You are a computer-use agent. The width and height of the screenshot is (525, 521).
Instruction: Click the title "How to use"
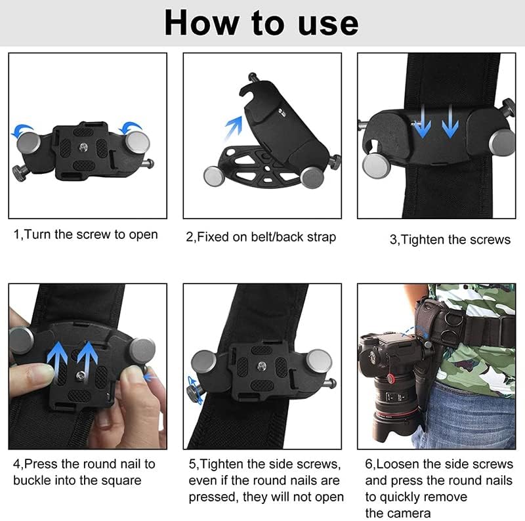coord(261,23)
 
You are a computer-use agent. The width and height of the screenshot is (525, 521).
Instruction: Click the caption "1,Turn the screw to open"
coord(85,235)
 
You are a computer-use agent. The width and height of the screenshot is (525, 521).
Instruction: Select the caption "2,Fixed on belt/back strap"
coord(261,237)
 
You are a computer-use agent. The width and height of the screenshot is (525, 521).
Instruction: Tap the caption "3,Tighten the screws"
coord(450,240)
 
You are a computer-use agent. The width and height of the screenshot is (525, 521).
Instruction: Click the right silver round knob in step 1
coord(138,142)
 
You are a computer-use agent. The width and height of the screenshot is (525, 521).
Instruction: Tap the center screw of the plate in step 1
coord(84,148)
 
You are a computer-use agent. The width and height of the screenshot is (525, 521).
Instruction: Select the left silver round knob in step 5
coord(203,362)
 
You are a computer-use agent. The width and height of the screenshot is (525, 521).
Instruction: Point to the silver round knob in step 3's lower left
coord(376,164)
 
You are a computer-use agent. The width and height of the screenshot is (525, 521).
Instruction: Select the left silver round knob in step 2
coord(215,175)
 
